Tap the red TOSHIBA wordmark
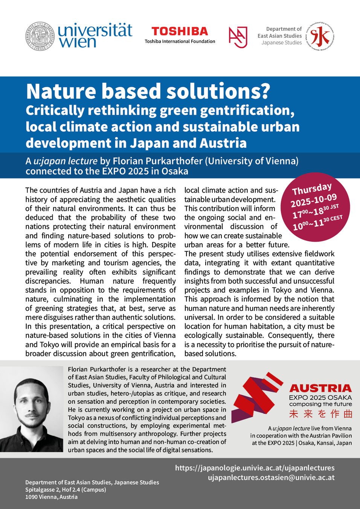[180, 31]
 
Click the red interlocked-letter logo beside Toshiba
[238, 37]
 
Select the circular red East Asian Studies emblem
[320, 36]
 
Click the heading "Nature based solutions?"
[148, 91]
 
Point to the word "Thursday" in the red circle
[312, 189]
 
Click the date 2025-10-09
[313, 201]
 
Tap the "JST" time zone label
[334, 207]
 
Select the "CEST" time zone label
[336, 219]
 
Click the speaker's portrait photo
[32, 409]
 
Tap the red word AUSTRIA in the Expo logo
[320, 388]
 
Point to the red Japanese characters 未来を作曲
[320, 414]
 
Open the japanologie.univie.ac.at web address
[255, 468]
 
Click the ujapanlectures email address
[271, 477]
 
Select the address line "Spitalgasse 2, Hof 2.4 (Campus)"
[66, 489]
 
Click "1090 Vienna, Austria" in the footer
[52, 497]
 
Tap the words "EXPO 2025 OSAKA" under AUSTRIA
[320, 397]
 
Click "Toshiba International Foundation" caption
[180, 41]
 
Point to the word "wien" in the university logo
[78, 42]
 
